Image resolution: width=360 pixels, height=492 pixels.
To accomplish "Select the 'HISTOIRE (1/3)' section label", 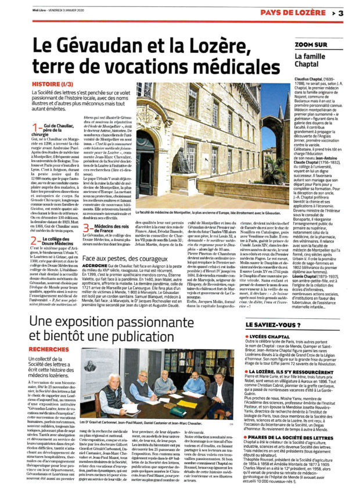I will (55, 84).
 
